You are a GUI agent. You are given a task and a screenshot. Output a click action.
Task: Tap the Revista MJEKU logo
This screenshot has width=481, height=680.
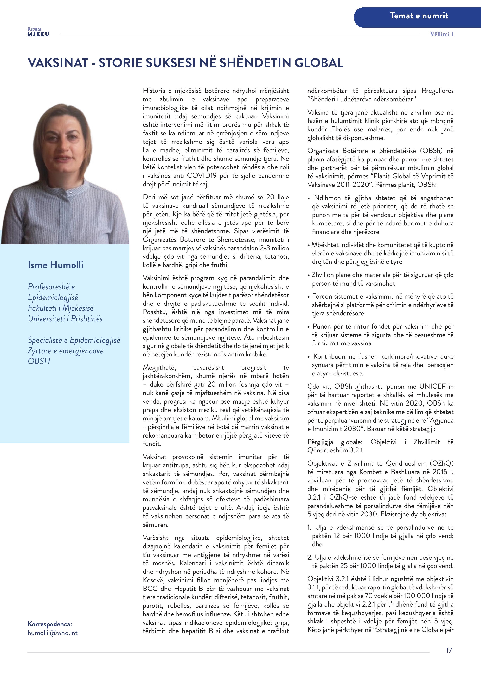38,32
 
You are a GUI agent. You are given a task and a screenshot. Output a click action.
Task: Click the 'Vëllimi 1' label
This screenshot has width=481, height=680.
442,34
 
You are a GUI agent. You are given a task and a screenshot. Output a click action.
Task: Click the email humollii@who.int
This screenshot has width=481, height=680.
53,633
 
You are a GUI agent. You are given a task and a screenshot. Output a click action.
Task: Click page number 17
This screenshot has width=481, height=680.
449,650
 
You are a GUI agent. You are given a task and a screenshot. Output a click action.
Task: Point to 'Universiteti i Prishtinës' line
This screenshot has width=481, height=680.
65,319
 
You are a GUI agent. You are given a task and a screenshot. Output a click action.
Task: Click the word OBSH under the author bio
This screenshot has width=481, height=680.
39,361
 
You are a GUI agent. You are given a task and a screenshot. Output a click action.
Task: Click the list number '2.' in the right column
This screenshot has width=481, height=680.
310,557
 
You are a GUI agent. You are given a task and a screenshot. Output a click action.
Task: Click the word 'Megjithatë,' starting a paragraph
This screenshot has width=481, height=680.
159,368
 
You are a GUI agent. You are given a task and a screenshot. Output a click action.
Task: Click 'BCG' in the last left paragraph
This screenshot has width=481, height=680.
150,589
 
